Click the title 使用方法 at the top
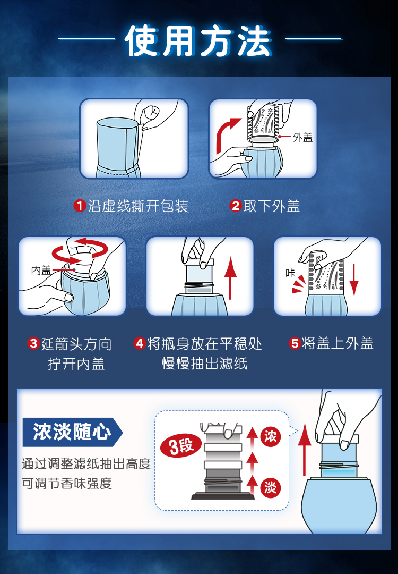point(198,40)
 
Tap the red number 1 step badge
point(79,206)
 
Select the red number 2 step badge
point(236,206)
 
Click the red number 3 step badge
point(33,343)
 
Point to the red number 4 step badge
point(139,343)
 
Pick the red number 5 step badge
point(295,343)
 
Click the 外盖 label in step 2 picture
point(302,137)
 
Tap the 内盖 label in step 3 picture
point(41,270)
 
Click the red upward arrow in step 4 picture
point(230,278)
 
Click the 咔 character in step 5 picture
point(290,273)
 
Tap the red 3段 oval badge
point(181,445)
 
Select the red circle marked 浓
point(271,436)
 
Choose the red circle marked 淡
point(271,487)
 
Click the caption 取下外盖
point(272,206)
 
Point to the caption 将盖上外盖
point(338,343)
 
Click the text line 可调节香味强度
point(67,483)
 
